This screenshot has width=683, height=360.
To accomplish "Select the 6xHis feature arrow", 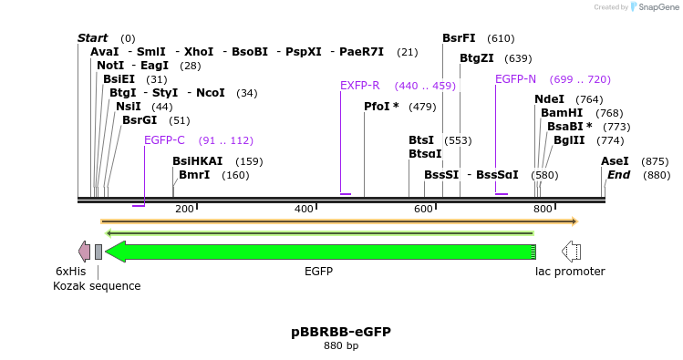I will pos(85,252).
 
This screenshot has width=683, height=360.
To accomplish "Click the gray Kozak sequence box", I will pos(98,252).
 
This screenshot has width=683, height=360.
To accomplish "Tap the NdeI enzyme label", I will pos(549,99).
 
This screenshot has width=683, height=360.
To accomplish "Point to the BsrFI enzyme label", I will pos(459,38).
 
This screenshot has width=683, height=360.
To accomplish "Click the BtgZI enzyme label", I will pos(477,58).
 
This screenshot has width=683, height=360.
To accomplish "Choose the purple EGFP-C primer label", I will pos(164,140).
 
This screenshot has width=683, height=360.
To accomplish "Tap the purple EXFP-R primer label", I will pos(359,86).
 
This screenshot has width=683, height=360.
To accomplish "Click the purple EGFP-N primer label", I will pos(515,79).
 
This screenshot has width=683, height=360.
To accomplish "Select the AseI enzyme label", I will pos(614,161).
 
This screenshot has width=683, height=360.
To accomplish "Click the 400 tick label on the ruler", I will pos(304,210).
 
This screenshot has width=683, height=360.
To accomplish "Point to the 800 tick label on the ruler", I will pos(543,210).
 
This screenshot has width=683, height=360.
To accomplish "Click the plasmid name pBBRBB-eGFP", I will pos(341,332).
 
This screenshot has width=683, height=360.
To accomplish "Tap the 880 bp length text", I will pos(341,346).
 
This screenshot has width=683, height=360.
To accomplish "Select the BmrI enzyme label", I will pos(194,175).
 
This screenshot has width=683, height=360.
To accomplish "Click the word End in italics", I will pos(618,175).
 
